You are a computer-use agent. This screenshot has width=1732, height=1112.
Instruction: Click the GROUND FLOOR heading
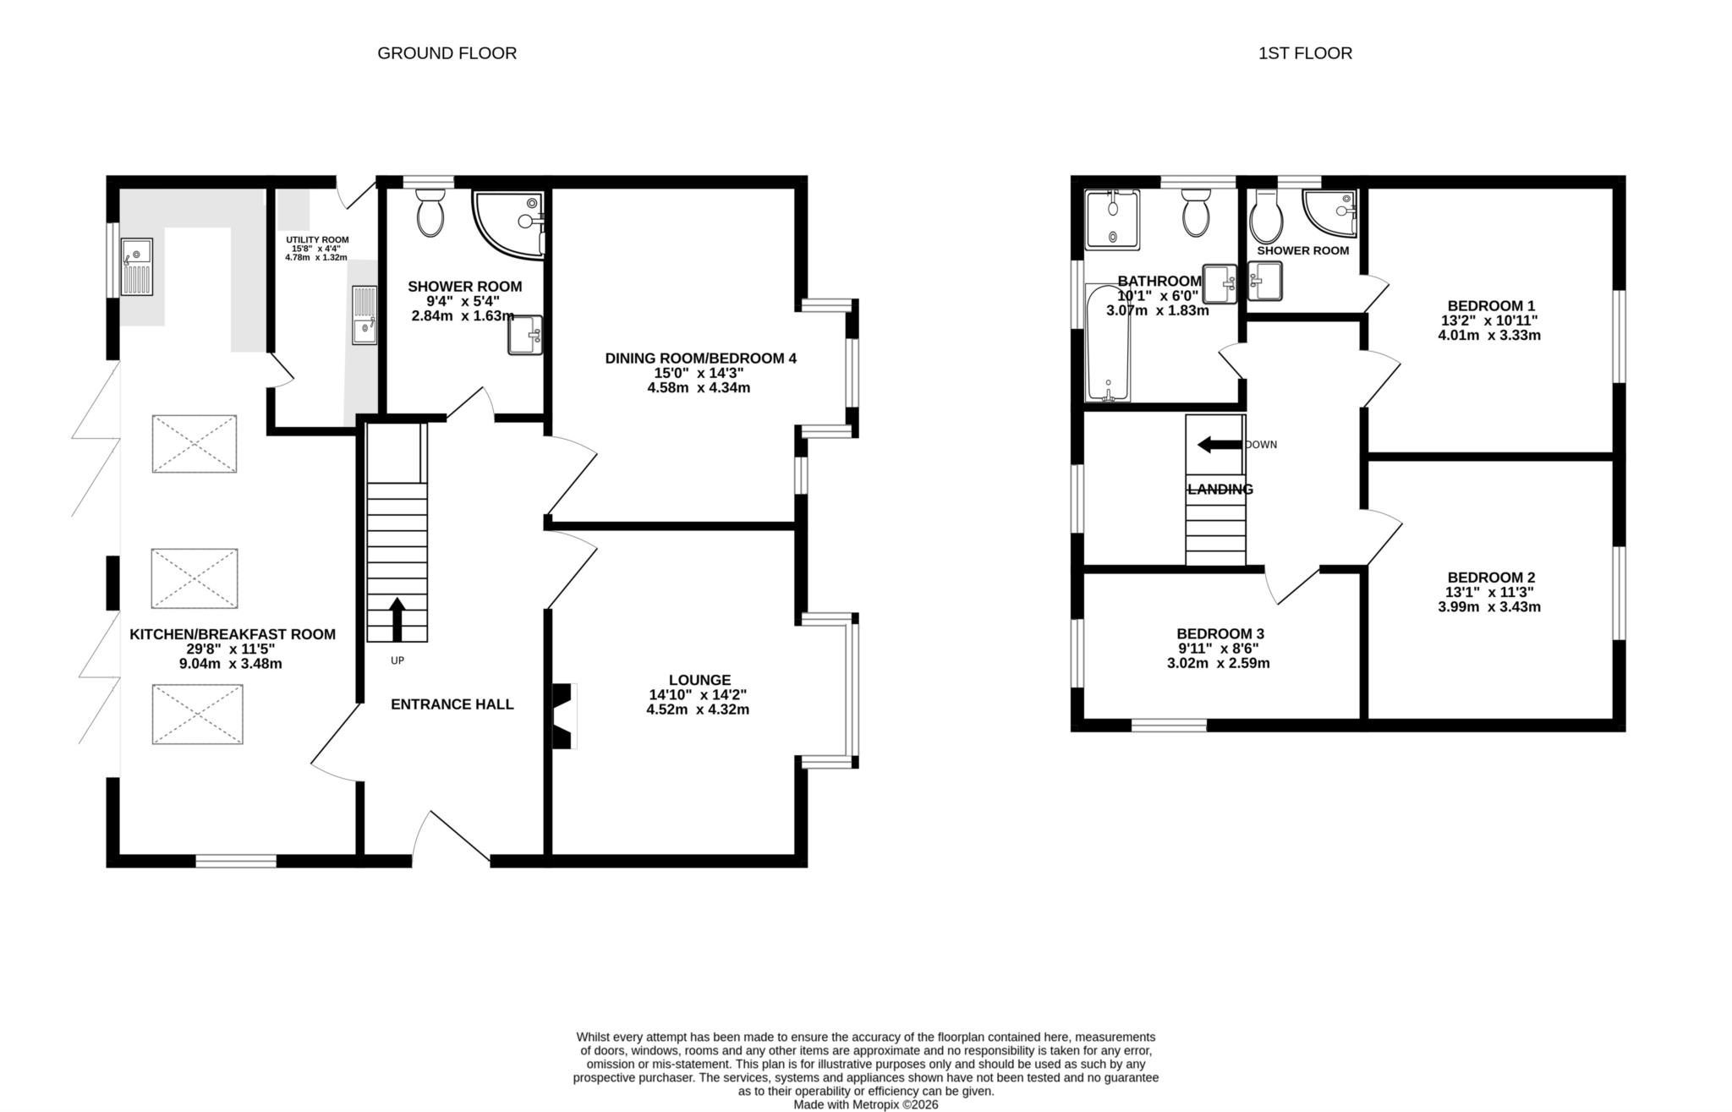click(x=447, y=53)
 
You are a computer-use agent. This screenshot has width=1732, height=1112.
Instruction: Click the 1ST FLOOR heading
click(x=1305, y=53)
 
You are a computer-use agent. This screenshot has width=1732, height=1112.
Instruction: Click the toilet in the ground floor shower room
click(x=430, y=212)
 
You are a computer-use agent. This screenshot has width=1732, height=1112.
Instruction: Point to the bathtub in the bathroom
click(x=1107, y=342)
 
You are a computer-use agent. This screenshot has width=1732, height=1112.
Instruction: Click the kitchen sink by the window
click(x=136, y=266)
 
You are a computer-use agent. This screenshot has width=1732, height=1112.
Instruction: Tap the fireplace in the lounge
click(x=563, y=715)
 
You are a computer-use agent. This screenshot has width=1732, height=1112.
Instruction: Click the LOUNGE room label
click(x=699, y=680)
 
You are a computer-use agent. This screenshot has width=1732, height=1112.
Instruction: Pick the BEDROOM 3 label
click(x=1220, y=633)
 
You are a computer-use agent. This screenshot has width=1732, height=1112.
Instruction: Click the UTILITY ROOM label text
click(x=317, y=240)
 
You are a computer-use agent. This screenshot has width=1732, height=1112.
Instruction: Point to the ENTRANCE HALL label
click(x=452, y=704)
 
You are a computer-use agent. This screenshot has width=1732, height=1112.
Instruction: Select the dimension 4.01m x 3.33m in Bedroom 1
click(x=1488, y=336)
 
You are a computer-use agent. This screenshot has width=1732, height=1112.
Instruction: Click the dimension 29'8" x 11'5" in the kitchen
click(x=231, y=649)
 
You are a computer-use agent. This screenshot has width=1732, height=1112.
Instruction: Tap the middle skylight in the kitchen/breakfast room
click(x=195, y=578)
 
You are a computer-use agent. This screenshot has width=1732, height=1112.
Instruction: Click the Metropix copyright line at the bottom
click(x=865, y=1104)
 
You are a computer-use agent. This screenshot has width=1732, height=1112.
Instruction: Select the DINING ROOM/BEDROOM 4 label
click(x=700, y=359)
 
